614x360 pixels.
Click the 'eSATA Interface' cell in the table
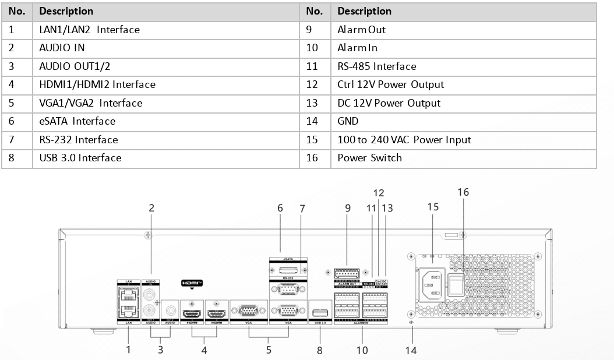(x=77, y=121)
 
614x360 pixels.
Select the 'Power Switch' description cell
(x=369, y=158)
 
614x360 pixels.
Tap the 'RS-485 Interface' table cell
(x=376, y=66)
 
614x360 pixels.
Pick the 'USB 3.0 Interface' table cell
(x=80, y=158)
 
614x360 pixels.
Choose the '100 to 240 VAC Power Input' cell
(x=404, y=140)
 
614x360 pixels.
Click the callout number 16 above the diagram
(x=463, y=192)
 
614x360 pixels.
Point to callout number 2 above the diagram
(x=151, y=207)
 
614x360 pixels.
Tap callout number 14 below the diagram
(x=413, y=351)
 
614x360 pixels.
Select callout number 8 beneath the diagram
(x=320, y=351)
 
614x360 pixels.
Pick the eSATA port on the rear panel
(x=288, y=270)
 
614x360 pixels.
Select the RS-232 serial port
(x=288, y=290)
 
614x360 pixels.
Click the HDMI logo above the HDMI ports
(x=192, y=283)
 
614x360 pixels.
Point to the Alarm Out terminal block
(x=347, y=273)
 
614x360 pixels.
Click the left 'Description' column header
(x=66, y=11)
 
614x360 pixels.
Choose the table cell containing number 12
(x=313, y=84)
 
